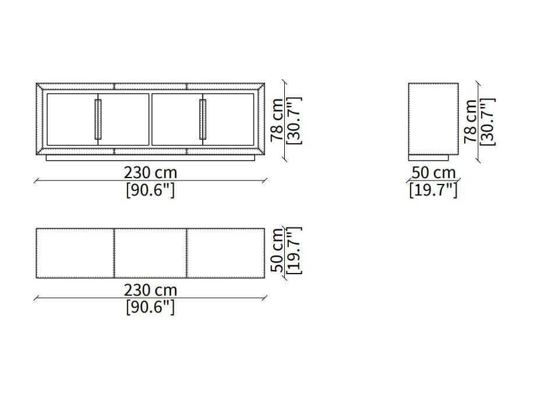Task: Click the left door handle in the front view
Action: coord(98,119)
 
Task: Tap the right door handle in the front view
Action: coord(203,119)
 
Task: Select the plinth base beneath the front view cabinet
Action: coord(151,158)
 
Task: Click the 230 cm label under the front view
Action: coord(151,172)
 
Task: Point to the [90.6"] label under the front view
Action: coord(150,190)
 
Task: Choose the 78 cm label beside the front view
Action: coord(277,119)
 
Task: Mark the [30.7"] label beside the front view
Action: coord(294,120)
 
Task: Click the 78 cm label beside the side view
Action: coord(471,120)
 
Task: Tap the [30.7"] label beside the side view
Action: coord(488,122)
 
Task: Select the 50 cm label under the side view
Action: coord(433,172)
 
